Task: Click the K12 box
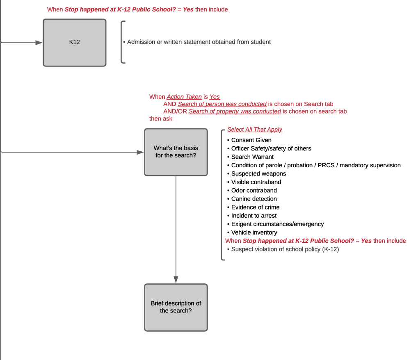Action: pyautogui.click(x=74, y=42)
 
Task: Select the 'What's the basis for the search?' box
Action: pyautogui.click(x=176, y=152)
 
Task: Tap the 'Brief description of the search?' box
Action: pyautogui.click(x=176, y=307)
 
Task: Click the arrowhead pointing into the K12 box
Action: pyautogui.click(x=39, y=42)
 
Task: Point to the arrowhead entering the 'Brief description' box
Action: pyautogui.click(x=176, y=280)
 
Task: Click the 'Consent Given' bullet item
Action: pyautogui.click(x=251, y=140)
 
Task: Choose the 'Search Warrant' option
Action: pyautogui.click(x=252, y=157)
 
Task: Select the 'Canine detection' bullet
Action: pyautogui.click(x=254, y=199)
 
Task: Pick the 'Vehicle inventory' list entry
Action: pyautogui.click(x=254, y=232)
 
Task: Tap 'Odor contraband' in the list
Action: pyautogui.click(x=254, y=190)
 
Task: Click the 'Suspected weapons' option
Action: pyautogui.click(x=258, y=174)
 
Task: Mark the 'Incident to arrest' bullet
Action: pyautogui.click(x=254, y=216)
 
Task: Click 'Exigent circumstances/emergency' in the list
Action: pyautogui.click(x=277, y=224)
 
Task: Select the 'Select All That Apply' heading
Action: pyautogui.click(x=255, y=130)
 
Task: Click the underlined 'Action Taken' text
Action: pyautogui.click(x=184, y=97)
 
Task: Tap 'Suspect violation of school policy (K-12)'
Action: pyautogui.click(x=285, y=249)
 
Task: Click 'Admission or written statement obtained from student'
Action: pyautogui.click(x=199, y=42)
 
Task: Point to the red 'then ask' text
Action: pyautogui.click(x=161, y=118)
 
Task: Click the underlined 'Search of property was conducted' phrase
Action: pyautogui.click(x=235, y=112)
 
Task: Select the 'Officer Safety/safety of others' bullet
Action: pyautogui.click(x=271, y=148)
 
